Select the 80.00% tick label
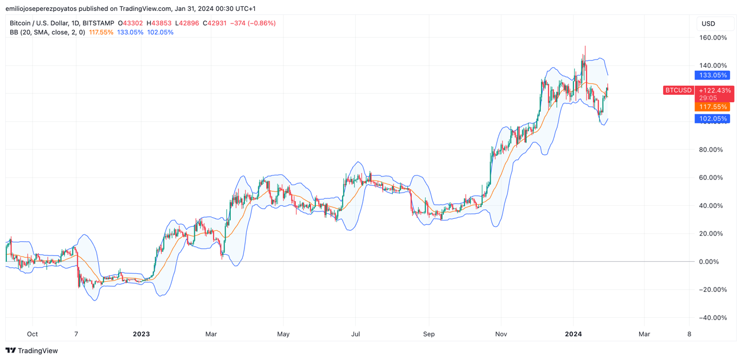(x=714, y=150)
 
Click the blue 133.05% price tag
(x=712, y=75)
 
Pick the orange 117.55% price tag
(x=712, y=107)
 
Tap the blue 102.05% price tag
(x=712, y=119)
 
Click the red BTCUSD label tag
(x=679, y=90)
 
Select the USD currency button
(x=708, y=23)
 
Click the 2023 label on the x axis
(x=141, y=334)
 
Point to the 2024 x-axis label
(x=573, y=334)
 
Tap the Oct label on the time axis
(x=32, y=334)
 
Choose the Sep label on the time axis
(x=429, y=334)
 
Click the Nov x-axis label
(x=501, y=334)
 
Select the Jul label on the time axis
(x=355, y=334)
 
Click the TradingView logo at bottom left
(x=32, y=351)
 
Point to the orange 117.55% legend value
(x=101, y=33)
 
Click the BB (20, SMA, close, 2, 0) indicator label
(x=47, y=33)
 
